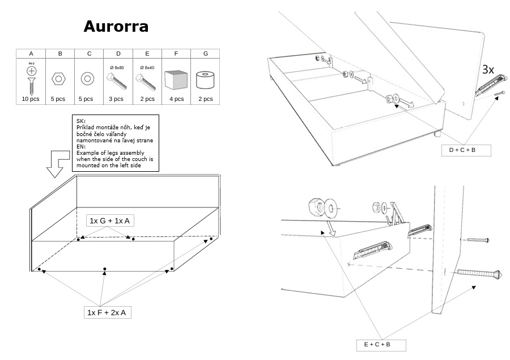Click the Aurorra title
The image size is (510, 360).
116,27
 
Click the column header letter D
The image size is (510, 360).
118,53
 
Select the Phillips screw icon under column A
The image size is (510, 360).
31,77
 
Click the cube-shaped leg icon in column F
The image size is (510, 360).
175,79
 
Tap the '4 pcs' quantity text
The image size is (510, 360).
176,99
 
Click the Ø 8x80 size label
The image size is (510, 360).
117,68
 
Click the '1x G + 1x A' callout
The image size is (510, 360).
110,220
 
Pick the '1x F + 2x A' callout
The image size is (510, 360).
108,312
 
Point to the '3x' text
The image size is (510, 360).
488,70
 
